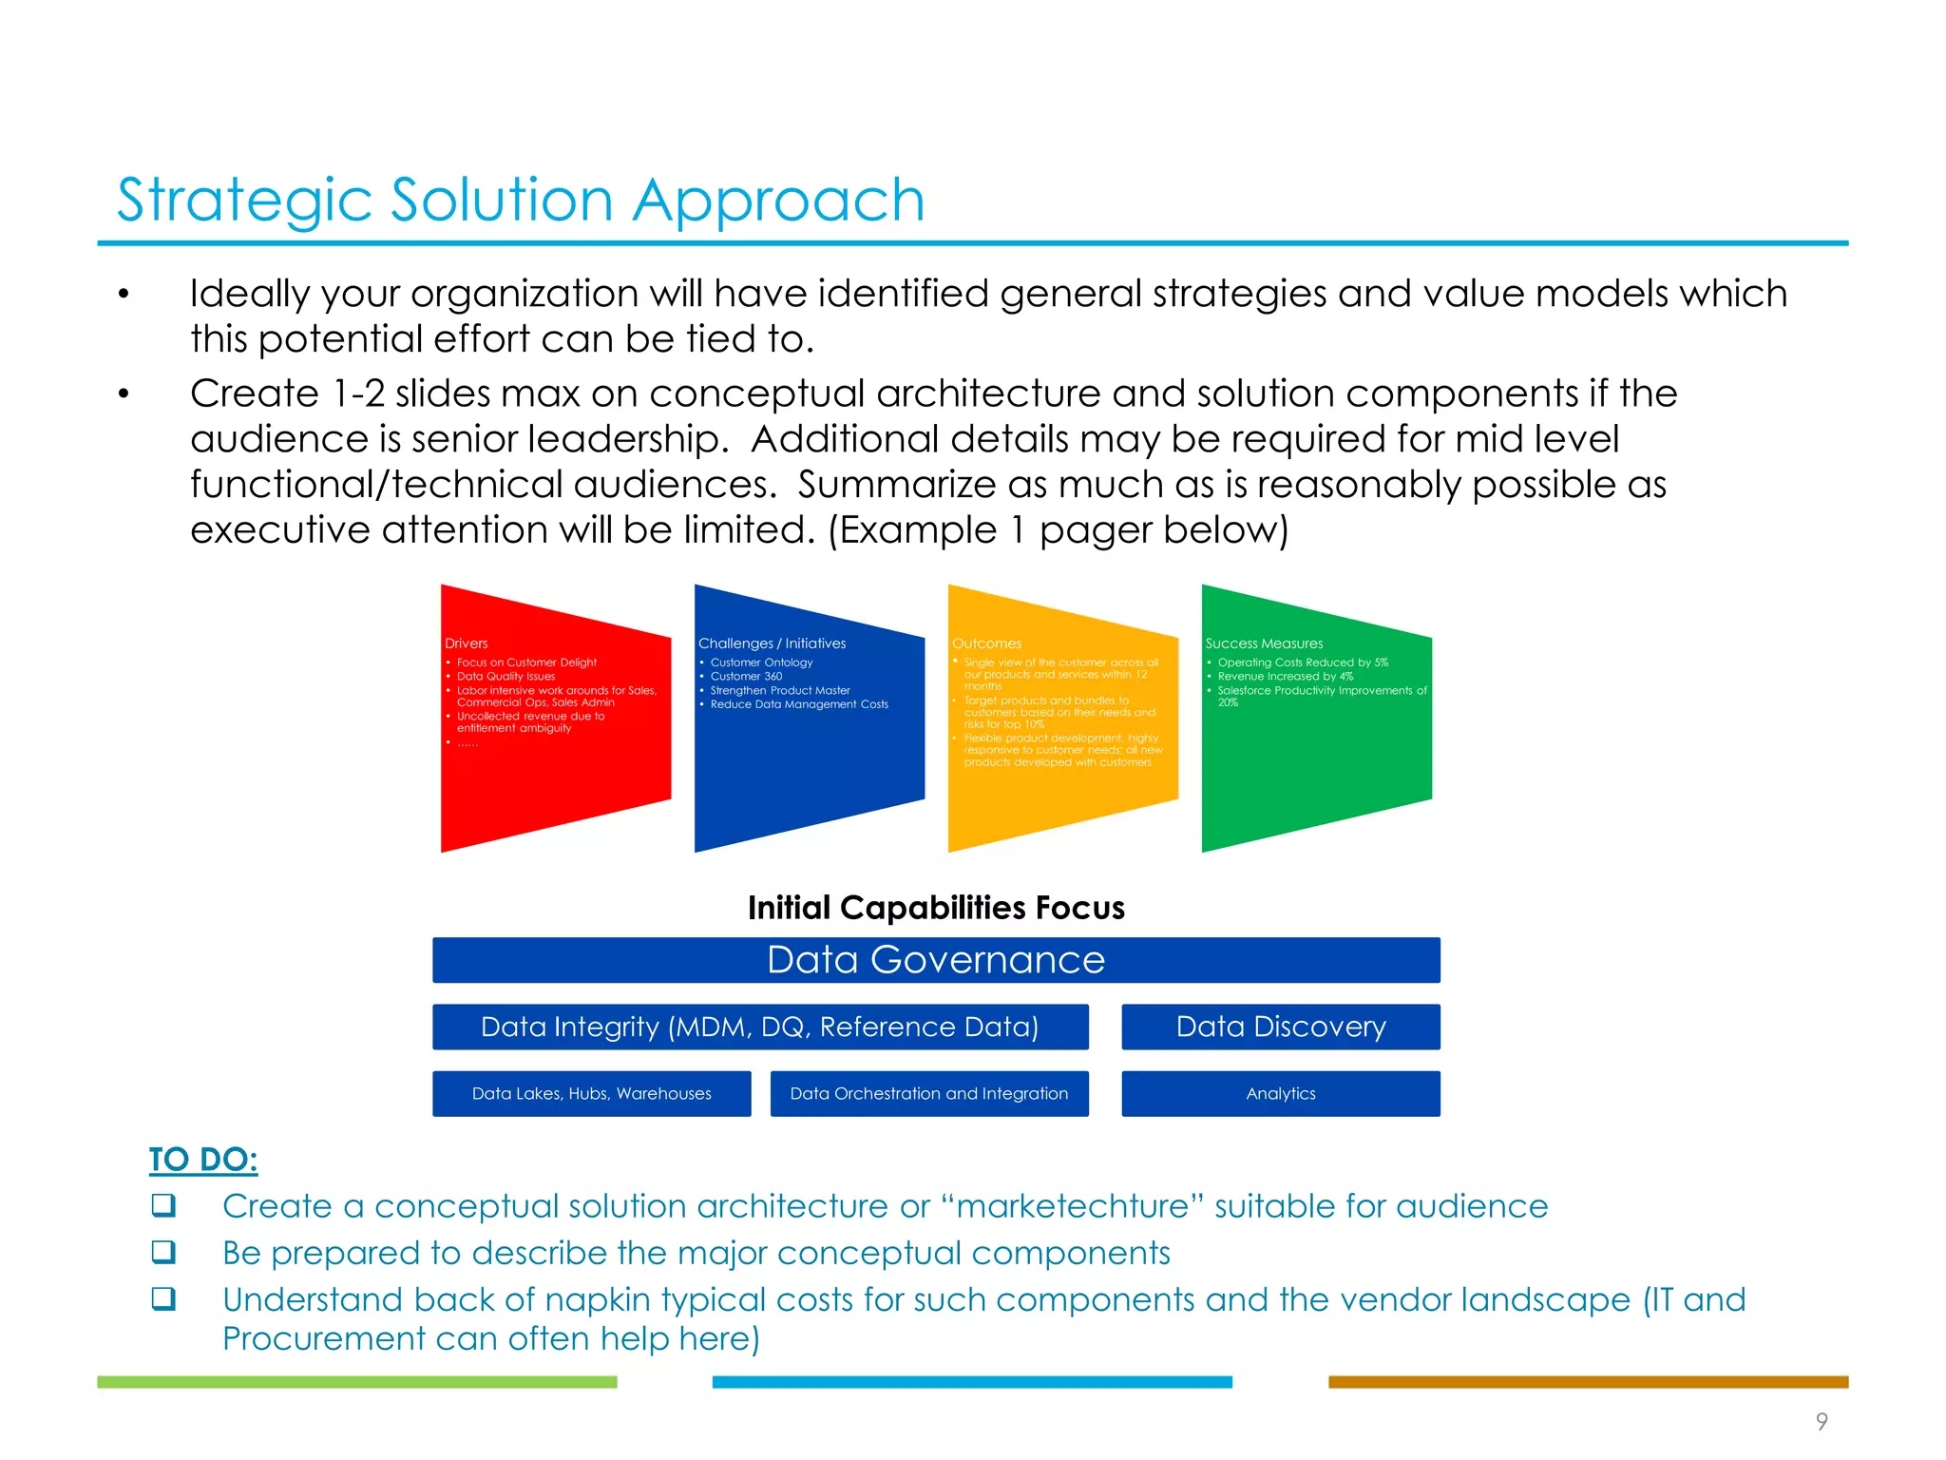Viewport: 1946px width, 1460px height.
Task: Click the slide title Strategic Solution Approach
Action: coord(520,201)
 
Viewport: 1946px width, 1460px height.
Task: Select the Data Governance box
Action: coord(936,960)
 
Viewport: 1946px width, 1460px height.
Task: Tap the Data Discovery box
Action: coord(1280,1027)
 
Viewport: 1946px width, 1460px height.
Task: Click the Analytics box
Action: coord(1280,1094)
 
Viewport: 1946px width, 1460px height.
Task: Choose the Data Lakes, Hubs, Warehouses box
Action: coord(591,1094)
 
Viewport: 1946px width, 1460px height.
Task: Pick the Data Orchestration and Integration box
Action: coord(928,1094)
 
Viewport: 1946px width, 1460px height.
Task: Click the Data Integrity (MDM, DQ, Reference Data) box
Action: coord(759,1027)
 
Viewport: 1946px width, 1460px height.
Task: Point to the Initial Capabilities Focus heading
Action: coord(936,908)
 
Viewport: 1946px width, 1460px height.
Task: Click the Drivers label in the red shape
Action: coord(466,644)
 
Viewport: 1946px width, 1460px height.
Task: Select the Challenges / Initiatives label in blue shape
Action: coord(772,644)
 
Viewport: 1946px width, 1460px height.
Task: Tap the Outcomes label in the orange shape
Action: coord(986,644)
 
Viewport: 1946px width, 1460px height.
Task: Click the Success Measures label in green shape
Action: coord(1264,644)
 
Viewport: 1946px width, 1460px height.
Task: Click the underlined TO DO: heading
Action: coord(203,1160)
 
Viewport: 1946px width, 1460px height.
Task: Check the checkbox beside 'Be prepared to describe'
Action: coord(163,1252)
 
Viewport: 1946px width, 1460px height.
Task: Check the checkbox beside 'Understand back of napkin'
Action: coord(163,1298)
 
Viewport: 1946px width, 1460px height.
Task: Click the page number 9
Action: coord(1821,1421)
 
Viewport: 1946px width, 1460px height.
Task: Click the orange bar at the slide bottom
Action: coord(1588,1382)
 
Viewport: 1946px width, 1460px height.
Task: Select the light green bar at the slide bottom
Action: coord(356,1382)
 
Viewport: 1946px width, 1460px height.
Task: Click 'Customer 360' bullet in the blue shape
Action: coord(746,677)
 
